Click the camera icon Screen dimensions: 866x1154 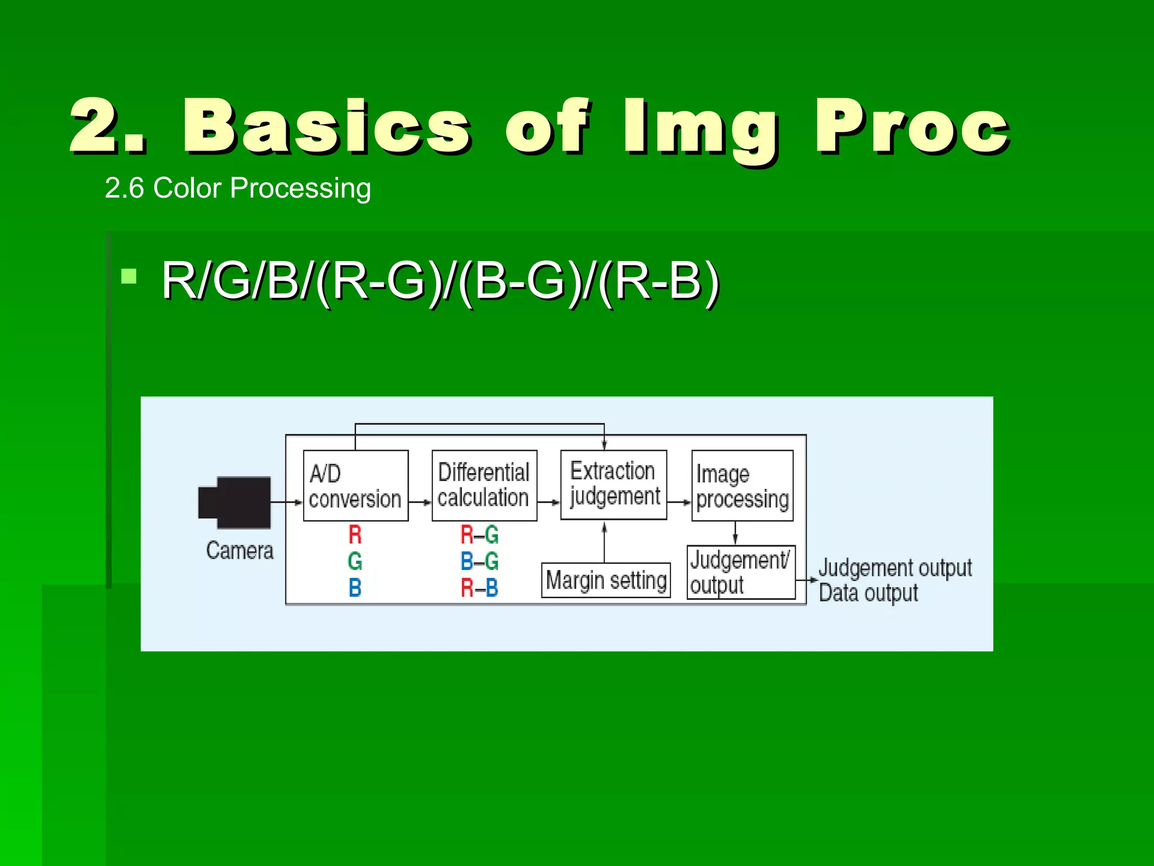[235, 502]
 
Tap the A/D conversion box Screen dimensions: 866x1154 [356, 485]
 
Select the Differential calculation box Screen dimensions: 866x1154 [484, 485]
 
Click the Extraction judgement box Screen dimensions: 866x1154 [614, 484]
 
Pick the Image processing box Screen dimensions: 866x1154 [742, 485]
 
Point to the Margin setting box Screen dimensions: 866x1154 [606, 580]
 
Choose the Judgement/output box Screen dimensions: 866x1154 [741, 572]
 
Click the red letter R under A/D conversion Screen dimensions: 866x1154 [355, 534]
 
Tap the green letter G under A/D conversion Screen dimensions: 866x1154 [355, 561]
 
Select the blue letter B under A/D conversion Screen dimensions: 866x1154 [355, 588]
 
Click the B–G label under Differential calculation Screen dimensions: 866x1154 [480, 561]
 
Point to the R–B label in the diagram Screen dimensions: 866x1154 [480, 588]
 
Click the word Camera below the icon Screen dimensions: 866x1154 [240, 551]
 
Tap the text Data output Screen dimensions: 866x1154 [868, 593]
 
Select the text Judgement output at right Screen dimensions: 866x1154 [895, 568]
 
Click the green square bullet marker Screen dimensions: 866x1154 [129, 276]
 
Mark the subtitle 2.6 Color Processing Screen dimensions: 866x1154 [238, 188]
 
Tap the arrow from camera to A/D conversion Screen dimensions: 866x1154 [286, 502]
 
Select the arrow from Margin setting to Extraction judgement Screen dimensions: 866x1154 [605, 542]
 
